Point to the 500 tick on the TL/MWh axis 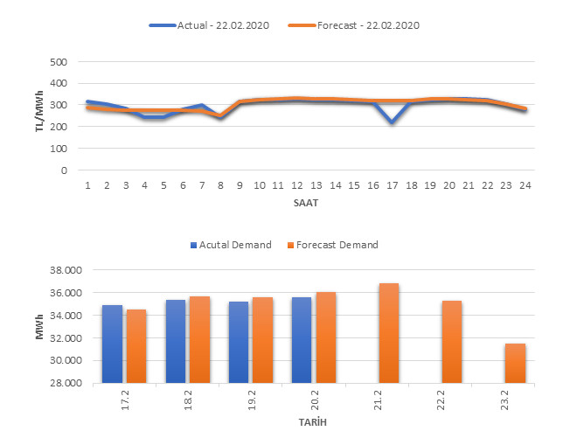(x=58, y=62)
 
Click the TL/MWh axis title (x=40, y=115)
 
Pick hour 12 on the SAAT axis (x=297, y=185)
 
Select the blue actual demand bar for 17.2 (x=112, y=344)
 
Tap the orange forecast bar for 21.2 (x=389, y=333)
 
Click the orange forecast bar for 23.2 (x=515, y=363)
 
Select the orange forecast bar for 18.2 (x=199, y=339)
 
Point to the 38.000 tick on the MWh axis (x=58, y=271)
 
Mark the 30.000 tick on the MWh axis (x=58, y=360)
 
